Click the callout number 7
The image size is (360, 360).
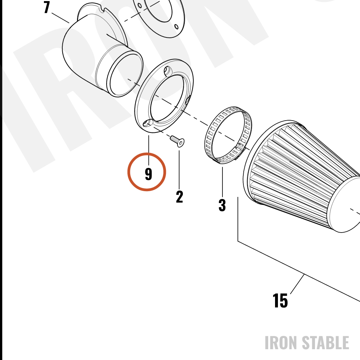pyautogui.click(x=47, y=7)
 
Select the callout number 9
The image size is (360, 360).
pyautogui.click(x=149, y=174)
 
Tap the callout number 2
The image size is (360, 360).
pyautogui.click(x=180, y=197)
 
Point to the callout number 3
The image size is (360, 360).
pyautogui.click(x=222, y=205)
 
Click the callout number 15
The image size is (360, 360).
pyautogui.click(x=280, y=301)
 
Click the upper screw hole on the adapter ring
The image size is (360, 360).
pyautogui.click(x=167, y=69)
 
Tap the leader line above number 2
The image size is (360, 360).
pyautogui.click(x=179, y=170)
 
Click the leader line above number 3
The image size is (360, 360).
pyautogui.click(x=222, y=182)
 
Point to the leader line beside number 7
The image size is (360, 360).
pyautogui.click(x=60, y=18)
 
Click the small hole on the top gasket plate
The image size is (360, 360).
pyautogui.click(x=176, y=27)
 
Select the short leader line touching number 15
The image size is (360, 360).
pyautogui.click(x=297, y=284)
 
